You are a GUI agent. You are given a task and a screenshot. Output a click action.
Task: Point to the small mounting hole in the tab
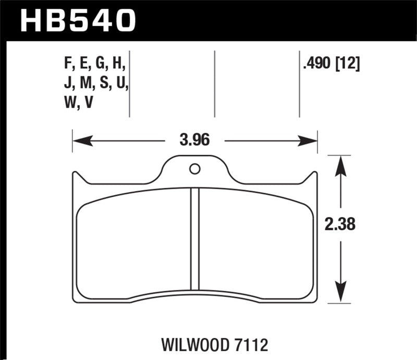pyautogui.click(x=194, y=169)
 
